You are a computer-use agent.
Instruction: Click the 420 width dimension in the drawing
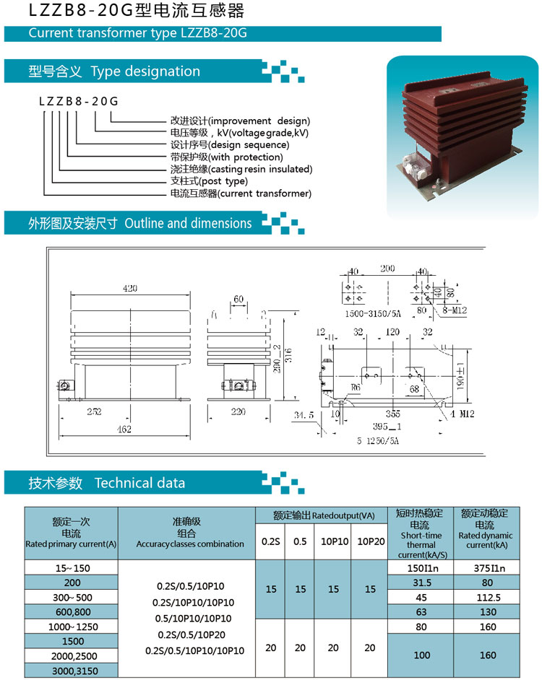pyautogui.click(x=130, y=288)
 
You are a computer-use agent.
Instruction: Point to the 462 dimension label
pyautogui.click(x=124, y=429)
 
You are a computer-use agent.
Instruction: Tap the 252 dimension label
pyautogui.click(x=94, y=411)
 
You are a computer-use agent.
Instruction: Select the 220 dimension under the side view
pyautogui.click(x=238, y=411)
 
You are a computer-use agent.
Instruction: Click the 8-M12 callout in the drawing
pyautogui.click(x=455, y=310)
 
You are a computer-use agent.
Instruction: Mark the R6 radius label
pyautogui.click(x=356, y=387)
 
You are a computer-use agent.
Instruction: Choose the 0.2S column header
pyautogui.click(x=270, y=541)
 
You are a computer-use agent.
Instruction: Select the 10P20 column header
pyautogui.click(x=371, y=541)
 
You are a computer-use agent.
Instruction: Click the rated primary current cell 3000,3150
pyautogui.click(x=74, y=671)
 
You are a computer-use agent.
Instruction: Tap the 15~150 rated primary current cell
pyautogui.click(x=72, y=568)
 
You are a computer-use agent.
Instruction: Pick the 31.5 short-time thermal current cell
pyautogui.click(x=422, y=583)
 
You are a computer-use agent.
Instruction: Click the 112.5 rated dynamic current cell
pyautogui.click(x=488, y=598)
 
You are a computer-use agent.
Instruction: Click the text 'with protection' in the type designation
pyautogui.click(x=246, y=157)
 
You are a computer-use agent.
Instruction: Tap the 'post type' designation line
pyautogui.click(x=209, y=181)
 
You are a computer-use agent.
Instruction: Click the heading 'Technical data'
pyautogui.click(x=139, y=483)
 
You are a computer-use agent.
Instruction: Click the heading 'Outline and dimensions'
pyautogui.click(x=188, y=223)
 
